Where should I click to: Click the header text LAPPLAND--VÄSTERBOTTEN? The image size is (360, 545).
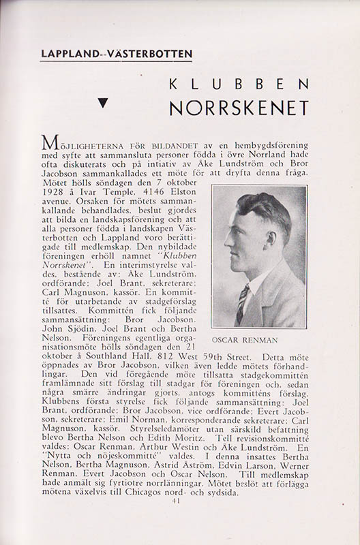point(116,53)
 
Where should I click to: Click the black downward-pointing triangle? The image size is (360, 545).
point(104,104)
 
